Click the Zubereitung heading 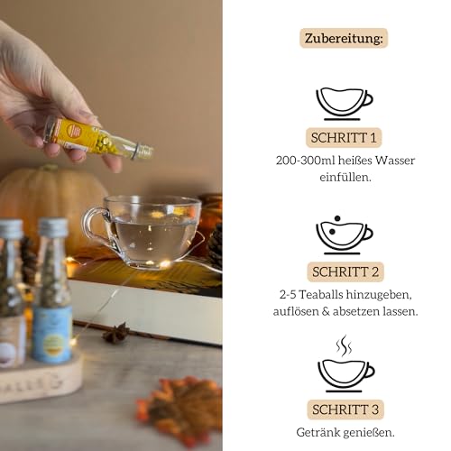344,39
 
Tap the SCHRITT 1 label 344,138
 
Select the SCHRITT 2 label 344,270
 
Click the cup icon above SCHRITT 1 344,101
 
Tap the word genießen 371,431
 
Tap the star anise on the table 115,333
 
